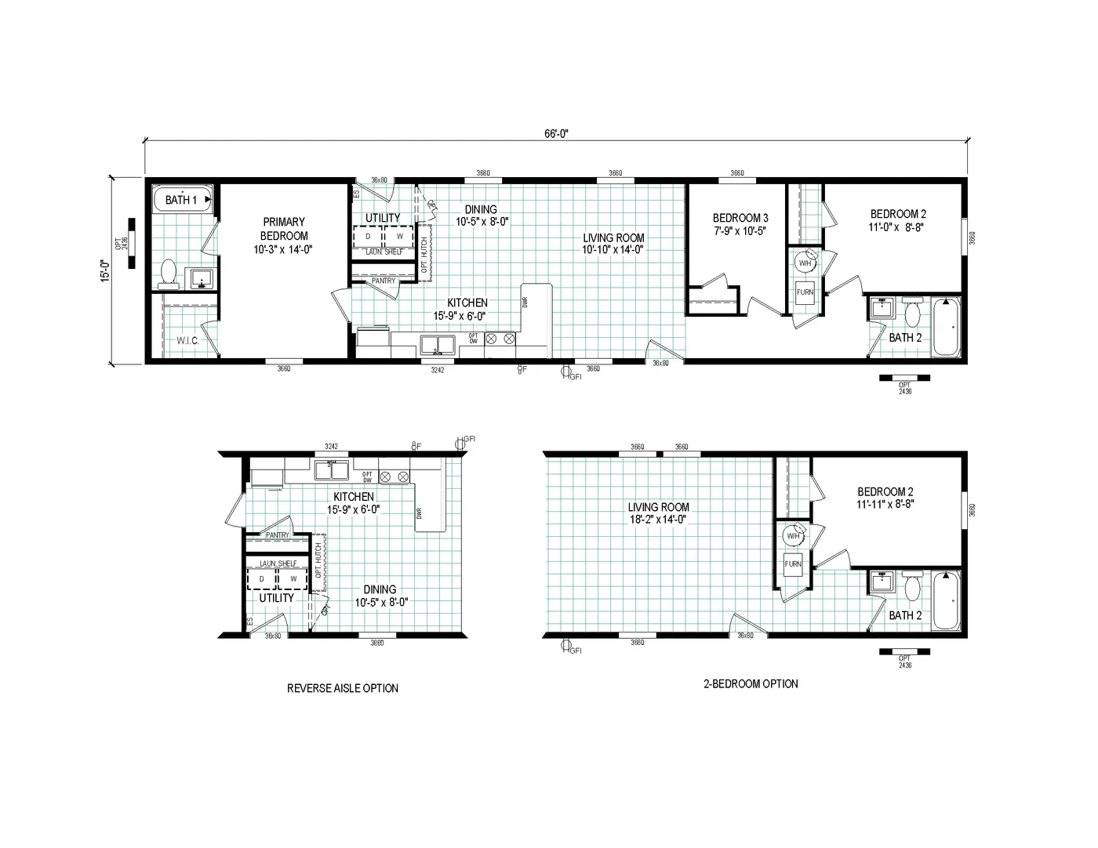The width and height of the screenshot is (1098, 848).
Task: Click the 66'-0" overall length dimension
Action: [555, 133]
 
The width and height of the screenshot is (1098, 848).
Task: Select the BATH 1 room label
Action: [181, 200]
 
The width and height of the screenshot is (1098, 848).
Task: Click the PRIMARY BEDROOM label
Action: [284, 235]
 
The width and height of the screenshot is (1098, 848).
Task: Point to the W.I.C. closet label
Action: [187, 341]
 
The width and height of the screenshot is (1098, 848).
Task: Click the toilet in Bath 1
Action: [168, 272]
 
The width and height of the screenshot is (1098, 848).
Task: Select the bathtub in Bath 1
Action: [182, 200]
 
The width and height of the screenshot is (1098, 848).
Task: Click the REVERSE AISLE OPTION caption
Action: [342, 688]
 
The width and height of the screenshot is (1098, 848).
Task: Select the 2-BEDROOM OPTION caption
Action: [750, 683]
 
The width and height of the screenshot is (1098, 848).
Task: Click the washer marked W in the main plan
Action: [399, 236]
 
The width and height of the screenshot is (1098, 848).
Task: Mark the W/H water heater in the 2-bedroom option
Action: [792, 536]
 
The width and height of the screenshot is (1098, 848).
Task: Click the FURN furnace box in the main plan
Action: [805, 292]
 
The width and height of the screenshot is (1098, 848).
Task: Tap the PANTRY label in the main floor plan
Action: [383, 281]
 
